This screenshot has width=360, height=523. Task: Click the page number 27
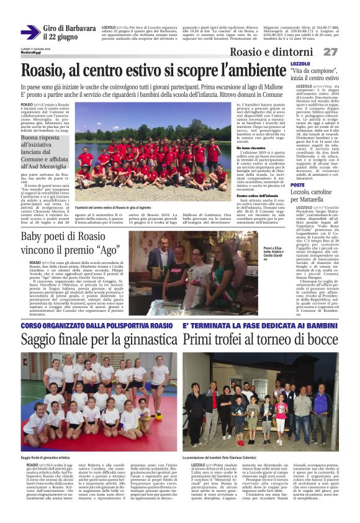(x=331, y=52)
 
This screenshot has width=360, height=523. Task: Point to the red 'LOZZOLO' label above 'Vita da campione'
(x=300, y=64)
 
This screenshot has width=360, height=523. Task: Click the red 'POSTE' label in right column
(x=297, y=185)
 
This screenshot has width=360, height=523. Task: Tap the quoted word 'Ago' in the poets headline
(x=107, y=251)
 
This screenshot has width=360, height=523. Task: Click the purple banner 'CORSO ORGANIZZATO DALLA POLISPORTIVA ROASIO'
(x=97, y=325)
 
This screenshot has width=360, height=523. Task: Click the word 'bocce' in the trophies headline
(x=323, y=340)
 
